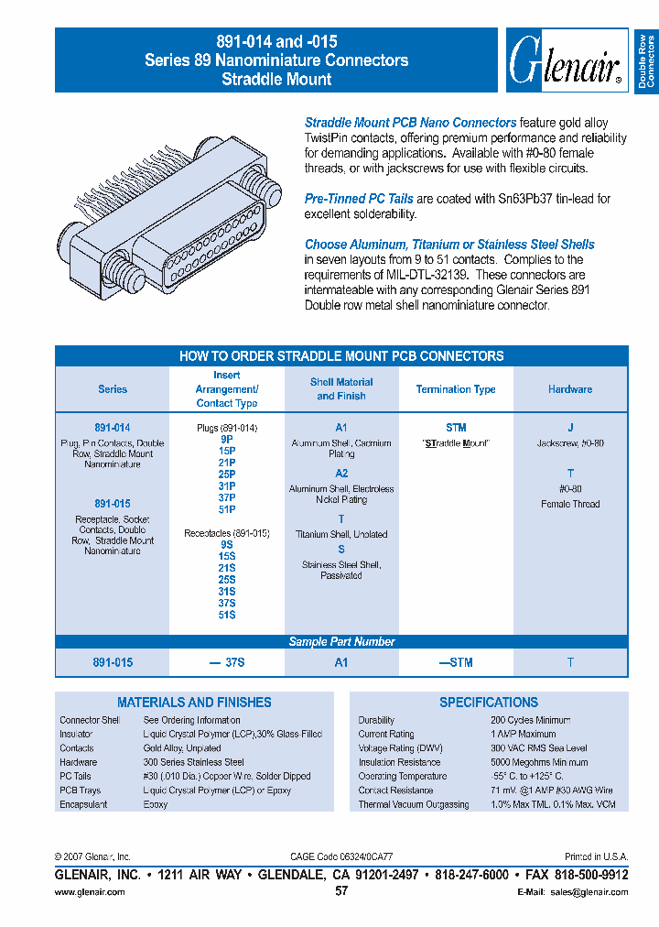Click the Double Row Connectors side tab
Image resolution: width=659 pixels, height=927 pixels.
pos(646,61)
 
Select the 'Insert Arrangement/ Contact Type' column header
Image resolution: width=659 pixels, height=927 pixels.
pos(227,389)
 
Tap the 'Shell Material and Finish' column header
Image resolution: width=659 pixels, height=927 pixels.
pos(341,389)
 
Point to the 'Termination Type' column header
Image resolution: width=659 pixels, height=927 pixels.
pos(456,389)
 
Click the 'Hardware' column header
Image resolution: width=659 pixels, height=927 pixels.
pos(570,389)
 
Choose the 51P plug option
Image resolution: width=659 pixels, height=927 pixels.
pos(227,509)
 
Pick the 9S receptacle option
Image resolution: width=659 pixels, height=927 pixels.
pos(227,544)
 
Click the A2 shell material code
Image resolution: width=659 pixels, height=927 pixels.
pos(341,474)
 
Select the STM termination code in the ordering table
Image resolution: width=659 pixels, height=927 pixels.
pos(456,428)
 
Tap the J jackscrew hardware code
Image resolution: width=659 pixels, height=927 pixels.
pos(570,428)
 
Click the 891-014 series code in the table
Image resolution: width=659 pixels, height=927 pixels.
pos(113,428)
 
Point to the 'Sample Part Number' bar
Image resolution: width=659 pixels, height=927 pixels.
pos(341,642)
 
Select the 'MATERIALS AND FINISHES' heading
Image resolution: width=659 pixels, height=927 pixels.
pos(194,703)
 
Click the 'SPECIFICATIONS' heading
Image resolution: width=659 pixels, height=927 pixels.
pos(489,703)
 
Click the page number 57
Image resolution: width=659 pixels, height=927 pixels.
pos(341,890)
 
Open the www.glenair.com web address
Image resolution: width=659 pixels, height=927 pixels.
pos(90,892)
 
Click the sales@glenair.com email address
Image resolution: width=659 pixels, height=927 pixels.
pos(590,892)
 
